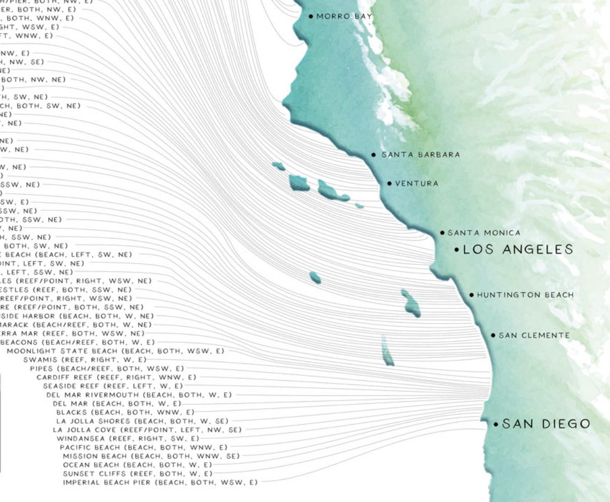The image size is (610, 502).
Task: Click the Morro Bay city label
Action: click(x=344, y=17)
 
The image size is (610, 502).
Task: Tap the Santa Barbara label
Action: click(x=420, y=154)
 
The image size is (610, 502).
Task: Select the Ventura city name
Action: click(x=416, y=183)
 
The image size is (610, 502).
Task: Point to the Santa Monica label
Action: click(x=483, y=233)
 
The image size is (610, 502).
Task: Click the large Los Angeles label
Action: click(x=518, y=249)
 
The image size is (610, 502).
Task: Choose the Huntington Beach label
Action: click(x=525, y=295)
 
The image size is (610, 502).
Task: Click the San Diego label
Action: click(x=546, y=424)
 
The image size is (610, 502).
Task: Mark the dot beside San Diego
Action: click(x=496, y=424)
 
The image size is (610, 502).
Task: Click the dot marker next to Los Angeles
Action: click(x=457, y=250)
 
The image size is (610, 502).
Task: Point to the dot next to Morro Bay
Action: click(x=311, y=17)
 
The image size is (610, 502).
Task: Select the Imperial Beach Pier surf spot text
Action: click(x=160, y=483)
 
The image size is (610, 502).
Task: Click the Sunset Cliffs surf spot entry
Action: click(x=137, y=474)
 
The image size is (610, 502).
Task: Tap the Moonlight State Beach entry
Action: click(x=115, y=351)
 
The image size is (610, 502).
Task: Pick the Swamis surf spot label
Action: click(x=85, y=360)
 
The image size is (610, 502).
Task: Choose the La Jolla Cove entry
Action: click(x=147, y=430)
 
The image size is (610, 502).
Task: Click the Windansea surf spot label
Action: click(x=128, y=439)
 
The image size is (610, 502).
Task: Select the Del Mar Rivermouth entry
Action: click(x=139, y=395)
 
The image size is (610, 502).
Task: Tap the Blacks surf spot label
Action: click(x=125, y=412)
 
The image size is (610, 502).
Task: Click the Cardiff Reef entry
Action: click(x=116, y=378)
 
